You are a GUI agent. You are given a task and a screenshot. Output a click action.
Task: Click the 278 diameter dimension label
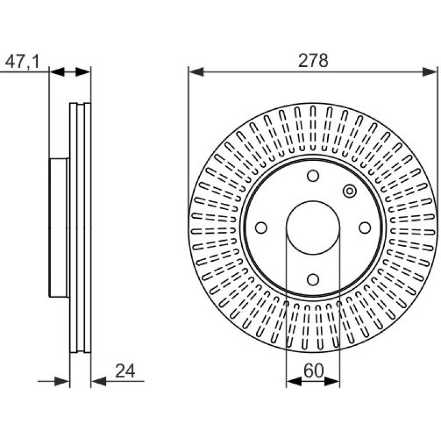(x=313, y=61)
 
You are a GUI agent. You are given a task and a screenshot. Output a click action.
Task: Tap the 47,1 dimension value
(x=22, y=61)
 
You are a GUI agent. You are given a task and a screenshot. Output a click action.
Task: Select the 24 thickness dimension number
(x=125, y=371)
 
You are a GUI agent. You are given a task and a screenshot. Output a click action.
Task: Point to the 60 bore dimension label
(x=314, y=371)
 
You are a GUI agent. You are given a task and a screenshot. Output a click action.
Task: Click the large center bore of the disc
(x=313, y=227)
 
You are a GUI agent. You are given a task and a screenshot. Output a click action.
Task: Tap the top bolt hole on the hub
(x=313, y=176)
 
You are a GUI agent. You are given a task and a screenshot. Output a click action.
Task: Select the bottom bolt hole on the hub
(x=313, y=279)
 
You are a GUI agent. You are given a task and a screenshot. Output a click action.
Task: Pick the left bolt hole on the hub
(x=261, y=227)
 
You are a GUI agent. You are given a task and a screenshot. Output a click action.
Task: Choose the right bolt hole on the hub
(x=365, y=227)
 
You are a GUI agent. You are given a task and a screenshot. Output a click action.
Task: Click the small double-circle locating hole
(x=349, y=191)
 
